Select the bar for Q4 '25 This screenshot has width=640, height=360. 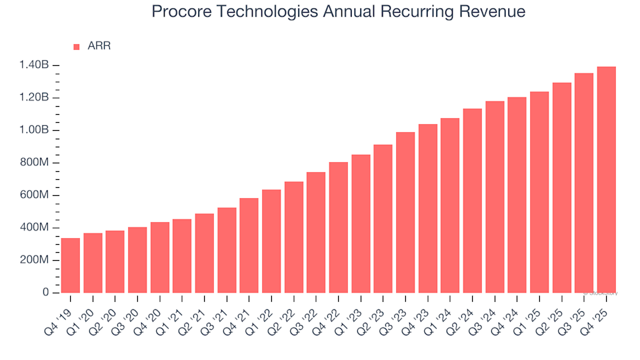coord(606,180)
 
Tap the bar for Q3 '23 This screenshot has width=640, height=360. coord(405,213)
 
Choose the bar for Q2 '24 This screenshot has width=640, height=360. coord(472,201)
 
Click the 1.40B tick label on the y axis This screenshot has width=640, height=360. coord(35,65)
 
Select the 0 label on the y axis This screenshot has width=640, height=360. coord(46,293)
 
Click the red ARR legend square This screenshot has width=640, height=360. coord(76,47)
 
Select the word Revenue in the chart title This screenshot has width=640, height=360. coord(493,12)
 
